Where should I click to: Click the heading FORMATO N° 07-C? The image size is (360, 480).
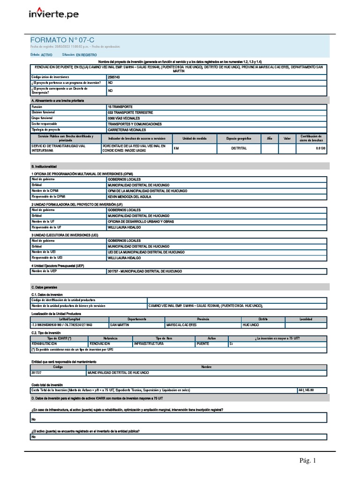click(x=62, y=40)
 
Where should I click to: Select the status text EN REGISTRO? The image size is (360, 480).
click(x=86, y=55)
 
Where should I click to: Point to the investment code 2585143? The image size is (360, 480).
click(x=114, y=76)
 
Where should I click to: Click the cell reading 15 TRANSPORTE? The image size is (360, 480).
click(x=120, y=107)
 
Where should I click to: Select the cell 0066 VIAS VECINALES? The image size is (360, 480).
click(x=123, y=118)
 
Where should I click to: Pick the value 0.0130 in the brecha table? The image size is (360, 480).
click(x=320, y=148)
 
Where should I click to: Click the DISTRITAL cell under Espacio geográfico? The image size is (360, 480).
click(x=239, y=148)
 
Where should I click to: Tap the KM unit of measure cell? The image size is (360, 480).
click(x=176, y=148)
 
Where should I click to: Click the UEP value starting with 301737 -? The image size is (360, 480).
click(x=145, y=271)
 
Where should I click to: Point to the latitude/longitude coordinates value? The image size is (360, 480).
click(x=61, y=325)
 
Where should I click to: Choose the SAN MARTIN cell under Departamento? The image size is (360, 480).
click(x=120, y=325)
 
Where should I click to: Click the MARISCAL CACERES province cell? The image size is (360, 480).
click(x=184, y=325)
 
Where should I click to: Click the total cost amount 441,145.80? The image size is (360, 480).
click(x=306, y=390)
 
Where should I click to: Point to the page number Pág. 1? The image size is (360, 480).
click(x=308, y=461)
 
